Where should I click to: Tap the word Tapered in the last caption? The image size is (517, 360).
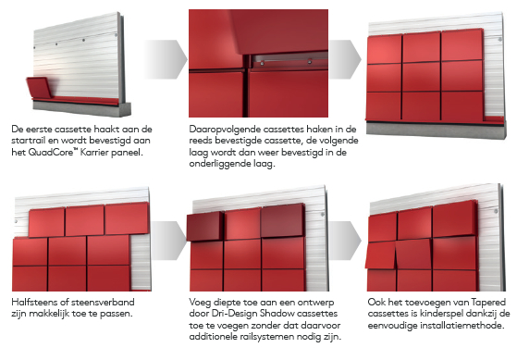(x=488, y=302)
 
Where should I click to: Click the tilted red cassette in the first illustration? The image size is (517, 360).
(x=38, y=88)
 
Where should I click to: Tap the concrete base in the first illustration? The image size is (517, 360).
(x=81, y=109)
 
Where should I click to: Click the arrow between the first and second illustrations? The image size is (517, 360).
(x=165, y=59)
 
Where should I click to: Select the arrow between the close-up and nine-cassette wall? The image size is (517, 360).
(x=345, y=59)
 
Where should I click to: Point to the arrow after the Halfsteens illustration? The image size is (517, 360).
(x=169, y=241)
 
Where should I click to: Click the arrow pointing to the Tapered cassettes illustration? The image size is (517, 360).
(x=345, y=241)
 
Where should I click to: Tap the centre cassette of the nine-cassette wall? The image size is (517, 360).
(x=421, y=77)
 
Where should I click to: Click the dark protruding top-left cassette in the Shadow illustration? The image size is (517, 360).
(x=205, y=227)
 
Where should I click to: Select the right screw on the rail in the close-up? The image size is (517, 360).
(x=310, y=61)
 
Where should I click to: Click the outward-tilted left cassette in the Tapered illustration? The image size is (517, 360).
(x=380, y=254)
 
